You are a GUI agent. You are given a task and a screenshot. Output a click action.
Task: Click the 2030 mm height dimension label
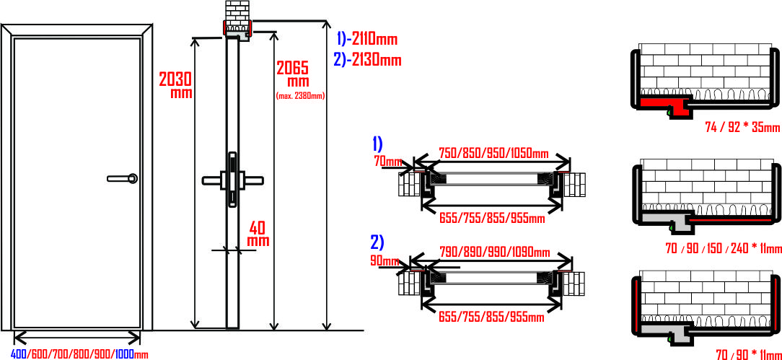point(175,84)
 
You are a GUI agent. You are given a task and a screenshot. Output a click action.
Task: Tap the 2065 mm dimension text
point(293,74)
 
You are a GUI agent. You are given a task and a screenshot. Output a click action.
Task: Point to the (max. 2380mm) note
point(300,96)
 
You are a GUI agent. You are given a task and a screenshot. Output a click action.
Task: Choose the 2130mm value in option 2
point(377,61)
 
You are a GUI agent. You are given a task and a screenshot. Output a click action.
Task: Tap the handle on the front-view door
point(122,178)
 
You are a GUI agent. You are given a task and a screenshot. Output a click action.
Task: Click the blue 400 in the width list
point(20,354)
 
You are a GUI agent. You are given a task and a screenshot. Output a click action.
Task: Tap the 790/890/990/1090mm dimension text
point(494,253)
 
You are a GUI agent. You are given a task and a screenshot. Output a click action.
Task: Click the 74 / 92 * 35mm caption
point(742,127)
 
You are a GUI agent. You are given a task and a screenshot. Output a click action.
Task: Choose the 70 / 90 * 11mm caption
point(749,354)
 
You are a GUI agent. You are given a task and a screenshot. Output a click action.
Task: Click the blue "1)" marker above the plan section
point(377,144)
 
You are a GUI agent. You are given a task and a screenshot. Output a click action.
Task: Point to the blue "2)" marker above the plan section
point(377,242)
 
